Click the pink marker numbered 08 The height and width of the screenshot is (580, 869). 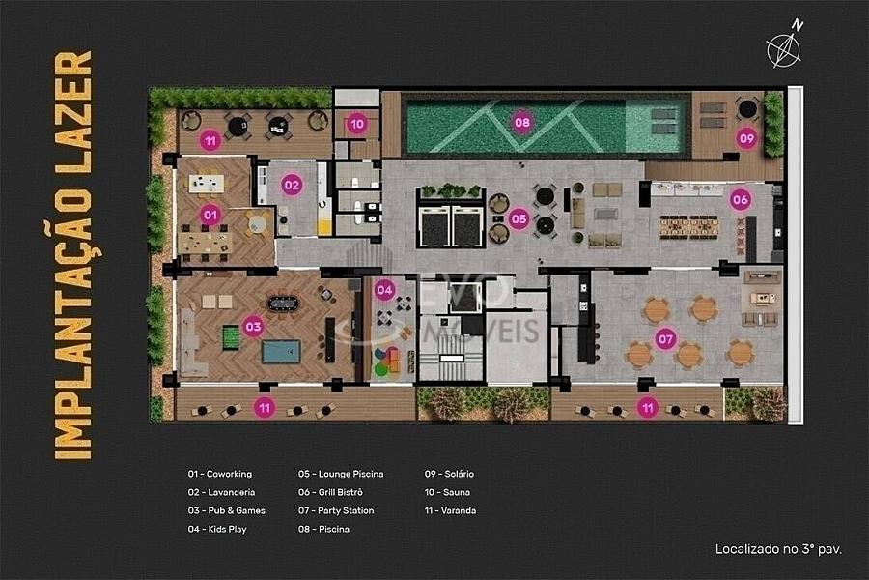(x=522, y=122)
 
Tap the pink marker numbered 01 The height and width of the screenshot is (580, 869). (x=210, y=215)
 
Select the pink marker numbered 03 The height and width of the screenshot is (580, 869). (x=253, y=327)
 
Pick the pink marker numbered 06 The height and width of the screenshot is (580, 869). (x=741, y=200)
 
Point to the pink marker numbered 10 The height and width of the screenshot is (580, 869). (x=357, y=124)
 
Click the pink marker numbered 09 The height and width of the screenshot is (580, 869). (x=747, y=138)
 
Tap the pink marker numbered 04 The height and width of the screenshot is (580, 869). (x=384, y=289)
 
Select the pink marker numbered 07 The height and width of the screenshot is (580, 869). (x=665, y=338)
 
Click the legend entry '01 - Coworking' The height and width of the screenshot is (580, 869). (x=220, y=474)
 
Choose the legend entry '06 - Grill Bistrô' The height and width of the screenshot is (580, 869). (x=330, y=492)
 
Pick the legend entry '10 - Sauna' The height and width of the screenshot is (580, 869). (x=447, y=492)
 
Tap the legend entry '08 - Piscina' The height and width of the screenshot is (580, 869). (x=323, y=529)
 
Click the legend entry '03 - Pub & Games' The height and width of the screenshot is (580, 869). (x=227, y=510)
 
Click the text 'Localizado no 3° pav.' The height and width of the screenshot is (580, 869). (x=778, y=549)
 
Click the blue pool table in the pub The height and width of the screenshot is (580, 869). (x=281, y=351)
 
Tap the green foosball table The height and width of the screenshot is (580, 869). (x=231, y=338)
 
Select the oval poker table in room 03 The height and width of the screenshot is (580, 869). (x=283, y=304)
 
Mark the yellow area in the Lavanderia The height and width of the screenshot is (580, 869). (x=323, y=227)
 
